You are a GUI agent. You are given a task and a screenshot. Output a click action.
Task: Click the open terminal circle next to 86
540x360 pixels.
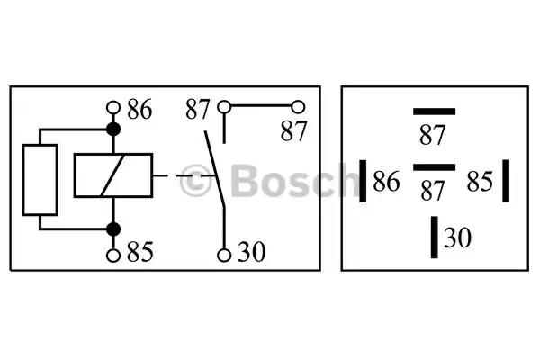[113, 108]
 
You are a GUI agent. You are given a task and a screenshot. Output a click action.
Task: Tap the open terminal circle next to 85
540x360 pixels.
[113, 256]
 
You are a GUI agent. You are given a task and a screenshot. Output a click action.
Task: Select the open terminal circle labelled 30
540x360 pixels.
[224, 256]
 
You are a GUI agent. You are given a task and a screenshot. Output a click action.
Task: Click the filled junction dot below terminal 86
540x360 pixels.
[113, 130]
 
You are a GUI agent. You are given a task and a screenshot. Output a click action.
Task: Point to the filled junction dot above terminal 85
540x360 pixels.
[113, 229]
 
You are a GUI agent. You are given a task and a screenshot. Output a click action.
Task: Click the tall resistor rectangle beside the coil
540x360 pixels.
[40, 180]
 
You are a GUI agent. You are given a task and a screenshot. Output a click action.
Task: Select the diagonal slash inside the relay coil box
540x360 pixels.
[113, 175]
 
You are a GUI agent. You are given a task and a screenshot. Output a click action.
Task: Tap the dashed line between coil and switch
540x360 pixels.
[184, 175]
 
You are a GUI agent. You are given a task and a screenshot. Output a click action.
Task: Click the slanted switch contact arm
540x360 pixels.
[215, 169]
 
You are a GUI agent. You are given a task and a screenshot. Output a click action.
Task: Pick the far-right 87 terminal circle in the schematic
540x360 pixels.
[298, 107]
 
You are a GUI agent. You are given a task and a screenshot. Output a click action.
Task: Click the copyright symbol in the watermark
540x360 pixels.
[195, 181]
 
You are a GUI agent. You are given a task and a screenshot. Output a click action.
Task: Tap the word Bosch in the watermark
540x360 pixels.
[295, 180]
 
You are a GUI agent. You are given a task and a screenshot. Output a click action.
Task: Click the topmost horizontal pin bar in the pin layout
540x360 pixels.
[435, 112]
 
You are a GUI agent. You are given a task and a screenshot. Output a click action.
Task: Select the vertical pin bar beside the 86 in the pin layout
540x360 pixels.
[363, 181]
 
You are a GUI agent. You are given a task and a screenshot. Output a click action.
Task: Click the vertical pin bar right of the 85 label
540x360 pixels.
[506, 181]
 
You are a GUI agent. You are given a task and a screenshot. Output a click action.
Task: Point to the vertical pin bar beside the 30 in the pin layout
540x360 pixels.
[435, 238]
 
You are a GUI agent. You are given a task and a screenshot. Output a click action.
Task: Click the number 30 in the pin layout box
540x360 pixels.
[458, 238]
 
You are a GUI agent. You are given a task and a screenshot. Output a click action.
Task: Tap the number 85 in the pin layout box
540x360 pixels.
[480, 181]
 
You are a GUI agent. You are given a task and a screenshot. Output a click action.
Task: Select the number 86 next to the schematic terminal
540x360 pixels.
[139, 110]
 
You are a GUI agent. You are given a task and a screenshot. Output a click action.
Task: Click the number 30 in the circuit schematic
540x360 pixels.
[252, 252]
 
